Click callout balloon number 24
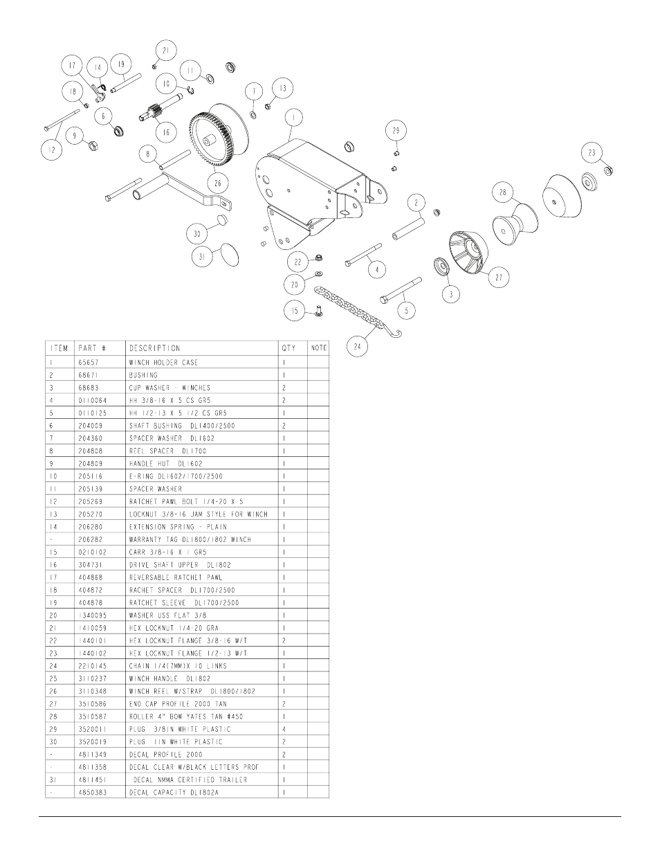coord(357,347)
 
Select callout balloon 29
coord(396,131)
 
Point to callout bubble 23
coord(592,153)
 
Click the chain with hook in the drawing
coord(357,312)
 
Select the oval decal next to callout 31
coord(230,255)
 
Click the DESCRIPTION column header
coord(154,348)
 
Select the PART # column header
coord(92,348)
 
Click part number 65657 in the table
coord(89,362)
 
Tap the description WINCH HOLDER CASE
coord(163,362)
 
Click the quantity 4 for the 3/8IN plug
coord(284,729)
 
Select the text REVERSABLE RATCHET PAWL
coord(176,577)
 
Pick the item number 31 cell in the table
coord(53,780)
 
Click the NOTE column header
coord(318,348)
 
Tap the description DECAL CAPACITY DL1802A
coord(174,793)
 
